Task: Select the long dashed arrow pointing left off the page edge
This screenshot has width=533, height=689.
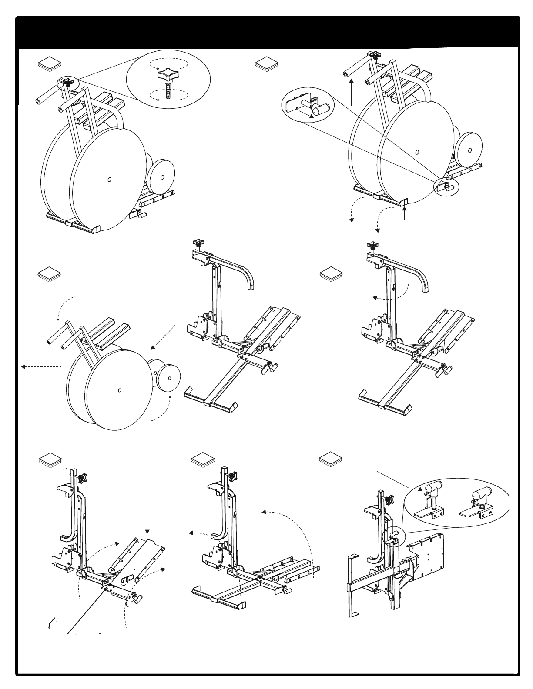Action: click(x=41, y=366)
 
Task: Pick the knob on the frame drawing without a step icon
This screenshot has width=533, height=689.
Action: click(x=199, y=243)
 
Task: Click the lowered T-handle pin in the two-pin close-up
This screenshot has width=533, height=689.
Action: click(x=478, y=493)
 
